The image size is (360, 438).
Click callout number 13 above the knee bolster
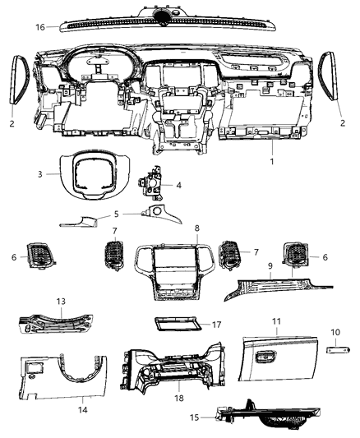point(59,301)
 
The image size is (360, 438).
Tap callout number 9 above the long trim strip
point(270,266)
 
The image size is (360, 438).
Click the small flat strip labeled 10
point(336,353)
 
